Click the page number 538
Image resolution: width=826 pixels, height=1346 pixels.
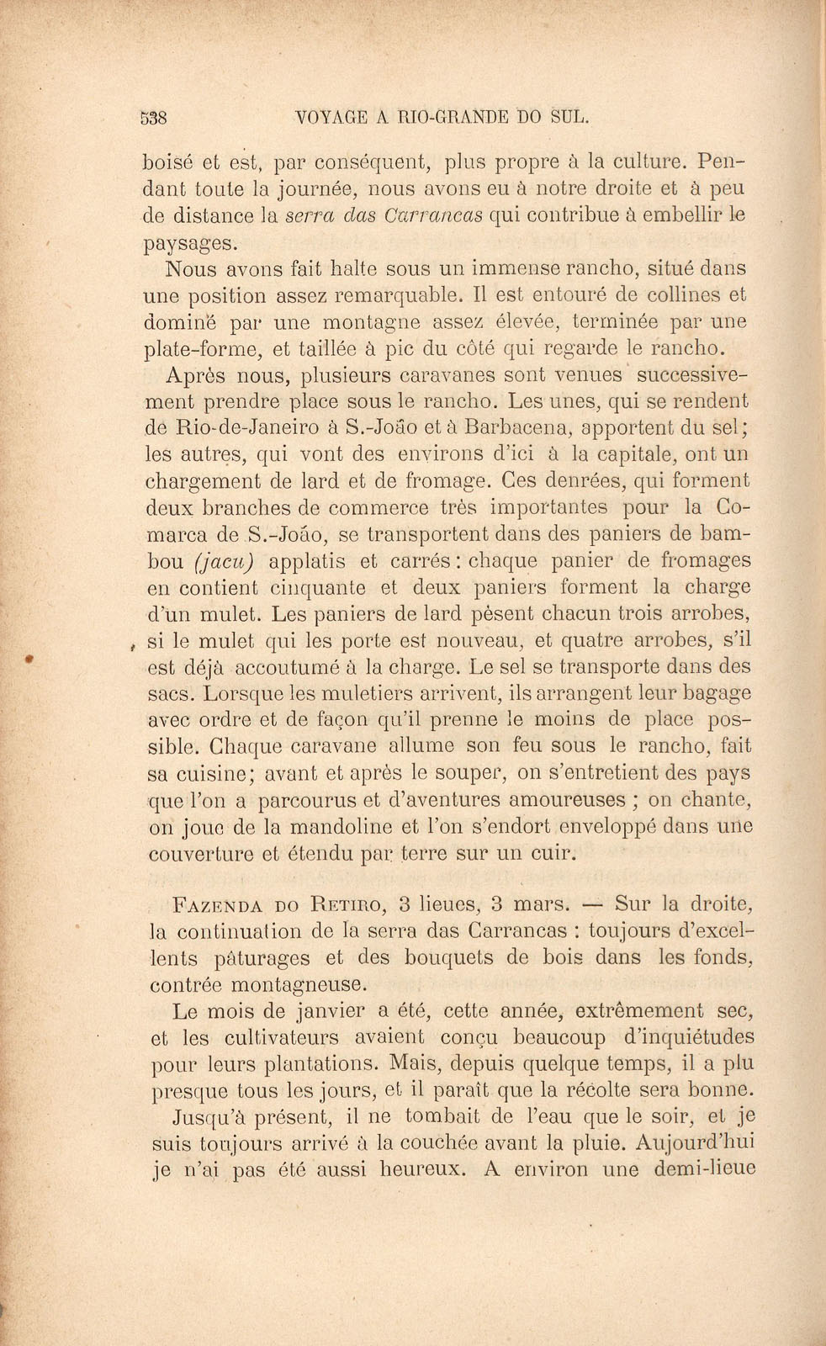coord(155,118)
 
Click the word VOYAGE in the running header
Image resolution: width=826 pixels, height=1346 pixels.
coord(336,118)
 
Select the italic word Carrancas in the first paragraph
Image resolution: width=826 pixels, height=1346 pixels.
coord(432,215)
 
